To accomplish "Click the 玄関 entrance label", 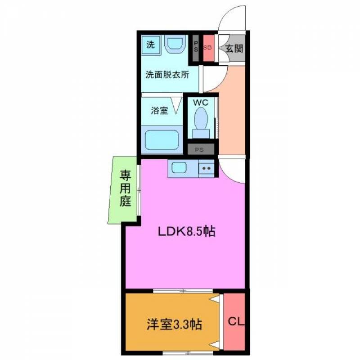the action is click(234, 49).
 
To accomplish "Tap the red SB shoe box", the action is click(209, 48).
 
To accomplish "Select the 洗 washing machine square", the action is click(151, 45).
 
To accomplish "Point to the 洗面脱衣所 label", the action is click(167, 75).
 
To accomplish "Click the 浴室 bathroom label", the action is click(159, 110).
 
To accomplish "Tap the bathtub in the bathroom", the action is click(162, 140).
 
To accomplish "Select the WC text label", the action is click(201, 103).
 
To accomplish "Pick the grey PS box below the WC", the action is click(201, 149).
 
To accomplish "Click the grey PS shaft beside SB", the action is click(196, 48).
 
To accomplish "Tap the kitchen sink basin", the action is click(179, 167).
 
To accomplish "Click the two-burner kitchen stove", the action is click(206, 169).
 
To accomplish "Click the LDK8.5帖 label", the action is click(186, 231).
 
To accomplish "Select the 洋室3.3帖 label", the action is click(174, 324).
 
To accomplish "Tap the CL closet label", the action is click(236, 321).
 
